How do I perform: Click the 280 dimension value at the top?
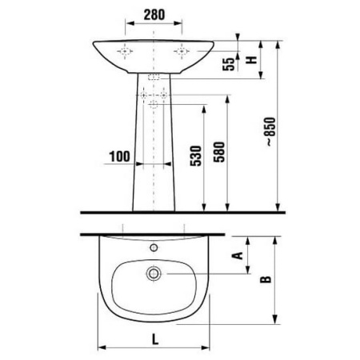pos(154,14)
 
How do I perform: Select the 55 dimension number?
pos(229,64)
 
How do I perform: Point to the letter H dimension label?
pos(251,59)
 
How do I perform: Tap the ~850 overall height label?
pos(270,131)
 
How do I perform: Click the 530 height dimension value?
pos(196,156)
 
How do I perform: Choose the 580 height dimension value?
pos(219,152)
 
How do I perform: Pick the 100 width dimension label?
pos(119,157)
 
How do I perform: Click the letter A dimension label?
pos(238,255)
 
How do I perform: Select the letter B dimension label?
pos(266,279)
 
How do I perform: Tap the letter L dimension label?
pos(155,339)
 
